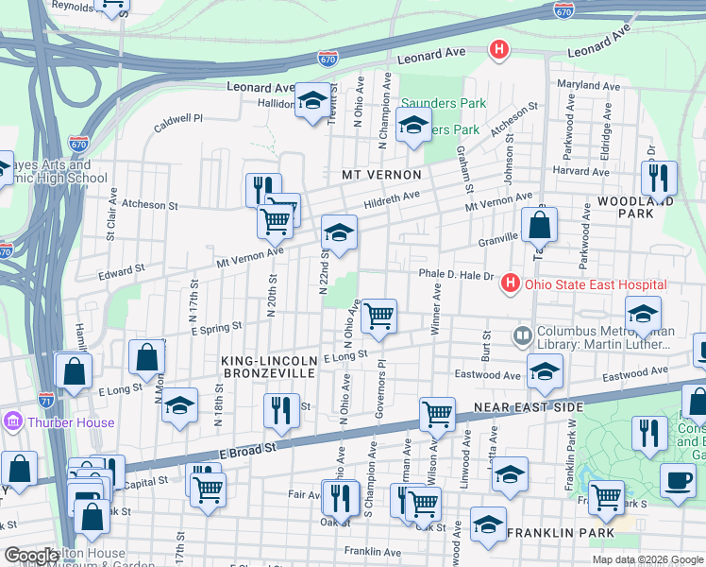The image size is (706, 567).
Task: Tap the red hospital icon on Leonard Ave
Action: [498, 49]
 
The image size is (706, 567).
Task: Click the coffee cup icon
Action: [678, 480]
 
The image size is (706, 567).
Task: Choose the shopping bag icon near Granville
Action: [539, 226]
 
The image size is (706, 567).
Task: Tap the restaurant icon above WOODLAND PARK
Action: [659, 178]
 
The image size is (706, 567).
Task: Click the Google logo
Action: [33, 556]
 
